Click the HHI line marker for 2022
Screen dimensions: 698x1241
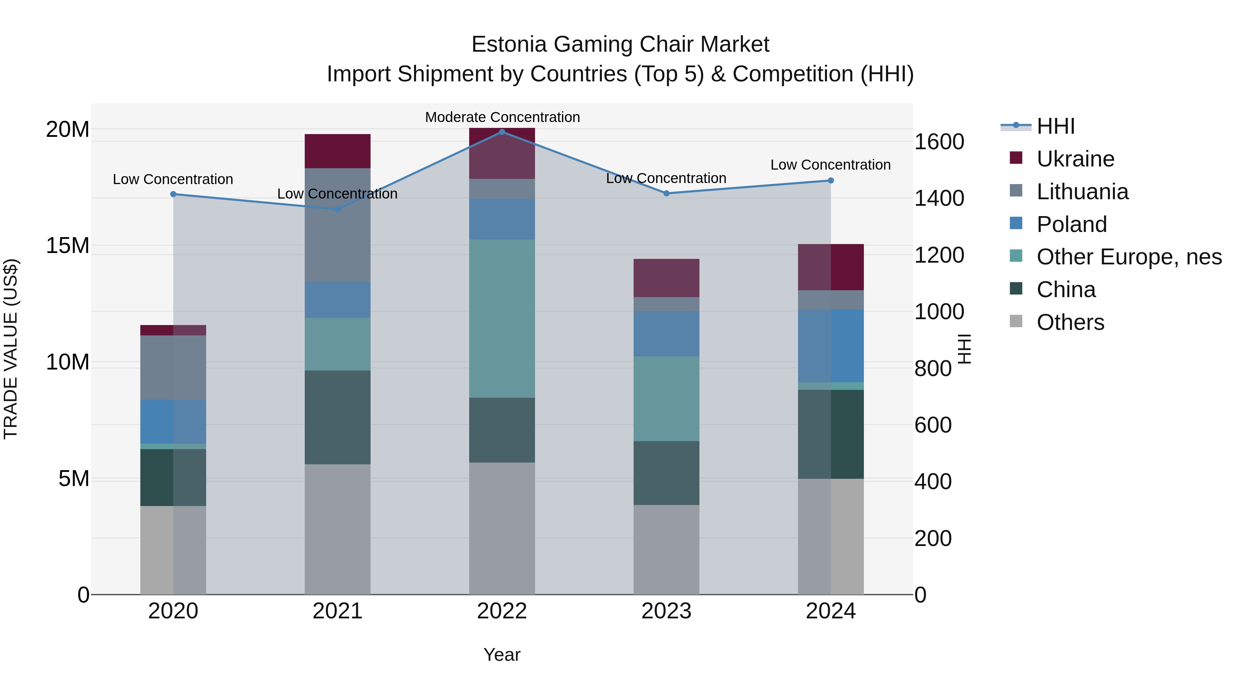[502, 132]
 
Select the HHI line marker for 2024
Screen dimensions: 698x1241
[830, 181]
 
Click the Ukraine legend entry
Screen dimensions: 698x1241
[1075, 159]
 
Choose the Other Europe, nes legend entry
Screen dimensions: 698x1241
[1128, 257]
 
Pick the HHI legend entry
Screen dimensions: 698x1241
[1055, 126]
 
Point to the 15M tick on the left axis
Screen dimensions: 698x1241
[68, 246]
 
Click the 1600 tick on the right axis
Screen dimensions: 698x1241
[938, 142]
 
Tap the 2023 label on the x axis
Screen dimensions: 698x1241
[666, 611]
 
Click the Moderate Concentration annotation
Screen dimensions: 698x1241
[502, 117]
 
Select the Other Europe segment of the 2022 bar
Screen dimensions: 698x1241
[502, 318]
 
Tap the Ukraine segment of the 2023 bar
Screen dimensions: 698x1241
[666, 278]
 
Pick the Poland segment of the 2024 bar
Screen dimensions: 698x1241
[830, 346]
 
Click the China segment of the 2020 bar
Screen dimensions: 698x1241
[173, 477]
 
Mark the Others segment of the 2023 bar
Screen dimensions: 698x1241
[666, 550]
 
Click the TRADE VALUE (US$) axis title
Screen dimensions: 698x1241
[11, 349]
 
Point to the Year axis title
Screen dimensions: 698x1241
[502, 655]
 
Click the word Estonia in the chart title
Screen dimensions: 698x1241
[509, 44]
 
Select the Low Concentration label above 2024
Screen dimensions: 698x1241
[830, 165]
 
